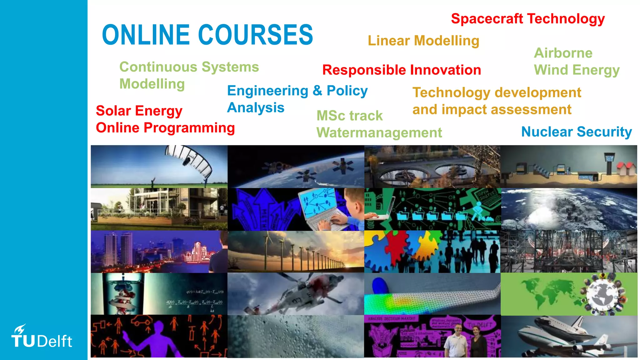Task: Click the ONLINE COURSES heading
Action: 207,35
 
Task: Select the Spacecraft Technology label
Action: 528,19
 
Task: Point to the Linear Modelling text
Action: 423,41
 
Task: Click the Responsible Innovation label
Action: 402,70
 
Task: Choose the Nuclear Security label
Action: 576,132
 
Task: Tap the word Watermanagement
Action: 379,133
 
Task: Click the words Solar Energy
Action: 139,111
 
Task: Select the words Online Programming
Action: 165,128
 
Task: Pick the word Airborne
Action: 563,53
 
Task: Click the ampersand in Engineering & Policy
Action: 317,91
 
